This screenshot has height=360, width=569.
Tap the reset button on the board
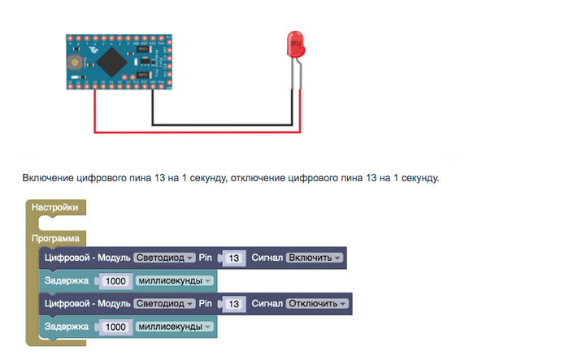click(x=76, y=61)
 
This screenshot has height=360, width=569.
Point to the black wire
click(x=219, y=124)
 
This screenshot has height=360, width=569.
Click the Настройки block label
click(x=55, y=207)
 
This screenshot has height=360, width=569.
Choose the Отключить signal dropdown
click(x=317, y=303)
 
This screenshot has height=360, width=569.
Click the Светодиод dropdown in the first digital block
click(x=165, y=258)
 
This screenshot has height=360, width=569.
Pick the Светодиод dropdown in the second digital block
click(x=165, y=303)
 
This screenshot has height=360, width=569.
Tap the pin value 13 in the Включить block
click(x=235, y=258)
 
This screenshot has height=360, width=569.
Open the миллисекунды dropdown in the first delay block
click(x=174, y=280)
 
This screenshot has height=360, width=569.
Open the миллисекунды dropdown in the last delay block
click(x=174, y=326)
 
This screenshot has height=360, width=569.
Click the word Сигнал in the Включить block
click(x=267, y=258)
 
